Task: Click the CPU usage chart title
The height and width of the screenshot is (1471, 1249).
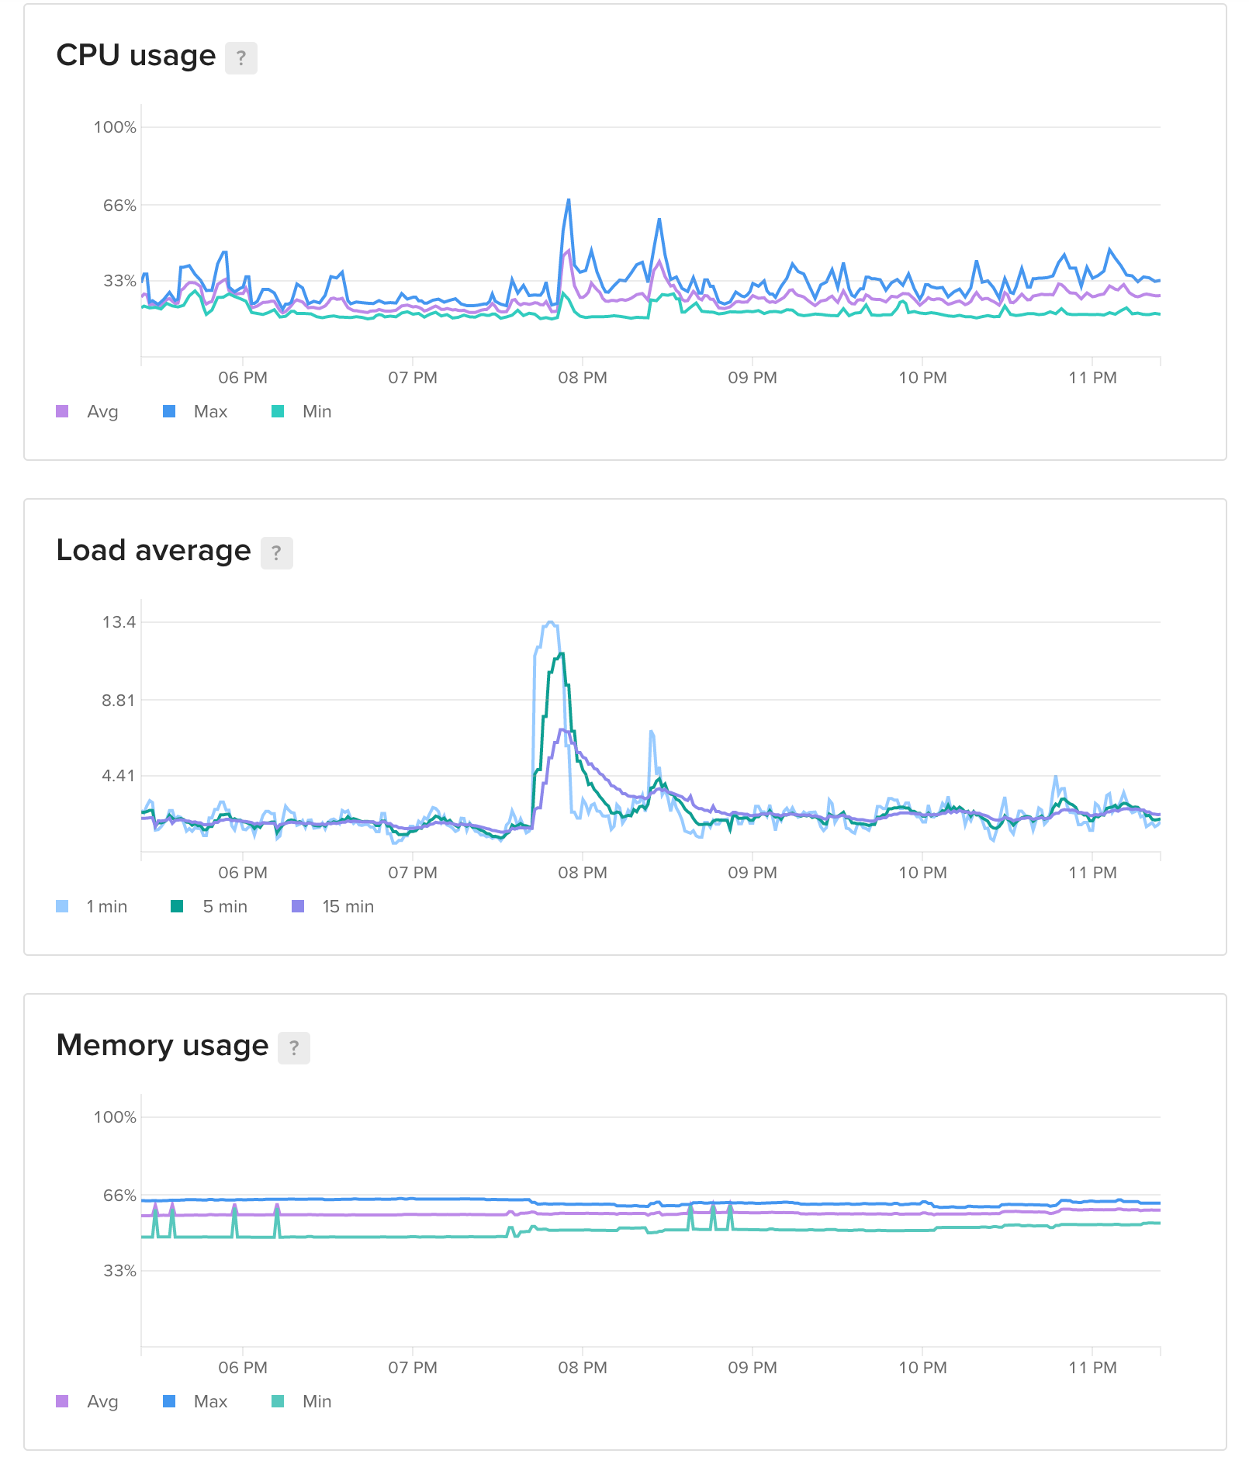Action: (136, 56)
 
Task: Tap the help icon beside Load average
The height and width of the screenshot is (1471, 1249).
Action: (276, 553)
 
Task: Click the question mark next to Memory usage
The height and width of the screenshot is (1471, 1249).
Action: (294, 1048)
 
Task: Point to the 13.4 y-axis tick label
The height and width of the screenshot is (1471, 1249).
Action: (119, 622)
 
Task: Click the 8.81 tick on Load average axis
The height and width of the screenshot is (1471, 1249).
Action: (119, 701)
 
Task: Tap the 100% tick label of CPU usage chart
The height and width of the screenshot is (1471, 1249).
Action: (115, 127)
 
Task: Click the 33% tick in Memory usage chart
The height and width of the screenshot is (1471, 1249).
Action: (119, 1271)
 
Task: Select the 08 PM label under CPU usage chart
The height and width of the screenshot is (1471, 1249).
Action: (583, 378)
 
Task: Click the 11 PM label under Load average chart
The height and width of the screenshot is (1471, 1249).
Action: (1092, 873)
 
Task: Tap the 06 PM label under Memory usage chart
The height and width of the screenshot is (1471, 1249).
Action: (243, 1368)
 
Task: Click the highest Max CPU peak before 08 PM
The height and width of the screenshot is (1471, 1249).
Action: (569, 200)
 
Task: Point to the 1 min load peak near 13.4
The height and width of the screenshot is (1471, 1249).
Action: (550, 622)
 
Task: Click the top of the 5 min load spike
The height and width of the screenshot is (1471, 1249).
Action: (562, 654)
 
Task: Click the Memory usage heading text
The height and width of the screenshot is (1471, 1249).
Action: (162, 1046)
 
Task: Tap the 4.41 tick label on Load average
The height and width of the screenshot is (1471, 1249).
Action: (119, 776)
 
